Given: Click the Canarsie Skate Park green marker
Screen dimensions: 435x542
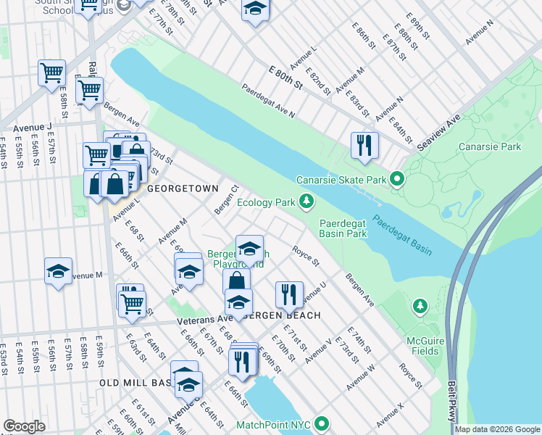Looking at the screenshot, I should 396,179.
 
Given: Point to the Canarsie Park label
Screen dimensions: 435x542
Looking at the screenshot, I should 490,146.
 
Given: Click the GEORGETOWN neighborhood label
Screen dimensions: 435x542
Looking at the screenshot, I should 183,188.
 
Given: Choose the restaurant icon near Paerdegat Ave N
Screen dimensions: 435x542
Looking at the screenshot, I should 364,145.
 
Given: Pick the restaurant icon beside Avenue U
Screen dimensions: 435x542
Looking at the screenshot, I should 289,294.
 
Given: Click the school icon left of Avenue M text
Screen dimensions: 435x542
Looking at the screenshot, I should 58,271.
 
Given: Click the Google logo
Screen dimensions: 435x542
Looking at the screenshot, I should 24,426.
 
